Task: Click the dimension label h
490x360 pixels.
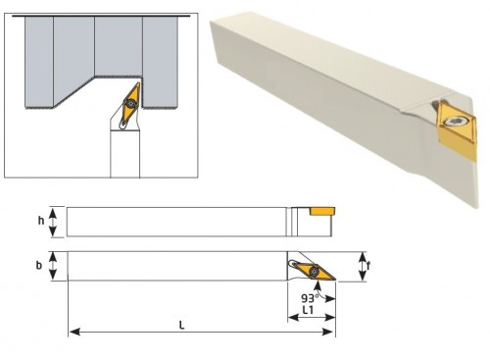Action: click(41, 221)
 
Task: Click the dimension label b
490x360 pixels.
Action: click(39, 265)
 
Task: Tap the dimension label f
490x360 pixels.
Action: click(368, 266)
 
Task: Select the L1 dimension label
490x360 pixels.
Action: click(308, 310)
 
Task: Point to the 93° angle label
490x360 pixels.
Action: click(310, 298)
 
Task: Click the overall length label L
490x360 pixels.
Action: click(182, 326)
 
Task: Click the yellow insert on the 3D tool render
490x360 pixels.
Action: click(456, 129)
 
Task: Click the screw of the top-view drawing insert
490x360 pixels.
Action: click(315, 271)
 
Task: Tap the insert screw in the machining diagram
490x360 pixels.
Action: click(131, 104)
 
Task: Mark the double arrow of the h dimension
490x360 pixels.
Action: click(53, 222)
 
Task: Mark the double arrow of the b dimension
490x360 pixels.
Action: click(53, 266)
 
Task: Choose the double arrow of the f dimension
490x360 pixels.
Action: click(363, 267)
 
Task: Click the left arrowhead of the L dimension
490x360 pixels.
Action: click(75, 332)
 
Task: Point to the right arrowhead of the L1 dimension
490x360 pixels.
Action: click(330, 317)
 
